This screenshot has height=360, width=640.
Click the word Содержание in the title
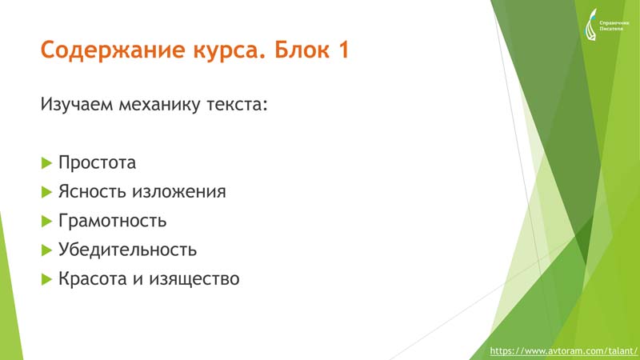point(113,50)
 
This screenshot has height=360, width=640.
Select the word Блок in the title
point(302,50)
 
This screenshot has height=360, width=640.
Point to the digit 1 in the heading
point(343,50)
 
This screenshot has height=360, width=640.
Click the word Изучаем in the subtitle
point(76,104)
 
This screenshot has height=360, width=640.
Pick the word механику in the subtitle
point(159,105)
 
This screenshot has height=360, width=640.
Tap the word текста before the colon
point(234,105)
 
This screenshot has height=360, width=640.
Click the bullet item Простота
point(97,162)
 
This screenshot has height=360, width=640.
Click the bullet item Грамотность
point(112,221)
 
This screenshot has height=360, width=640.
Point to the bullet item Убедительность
point(127,250)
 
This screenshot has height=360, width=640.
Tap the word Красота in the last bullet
point(92,278)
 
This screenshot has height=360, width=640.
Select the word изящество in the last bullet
point(194,279)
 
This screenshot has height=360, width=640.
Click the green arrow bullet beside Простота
point(47,163)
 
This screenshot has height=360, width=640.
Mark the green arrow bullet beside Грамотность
point(47,222)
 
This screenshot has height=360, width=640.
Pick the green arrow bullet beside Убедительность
point(47,250)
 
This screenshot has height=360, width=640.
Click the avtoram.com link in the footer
point(563,351)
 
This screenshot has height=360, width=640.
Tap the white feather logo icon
point(590,25)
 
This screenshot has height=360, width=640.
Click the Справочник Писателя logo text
point(614,26)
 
